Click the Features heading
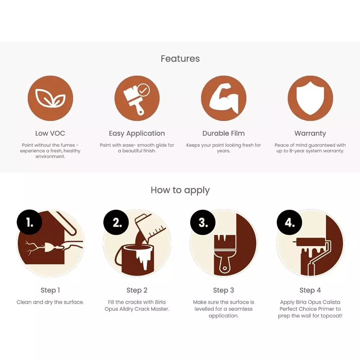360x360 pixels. pyautogui.click(x=180, y=59)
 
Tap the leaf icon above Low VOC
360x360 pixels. pyautogui.click(x=50, y=98)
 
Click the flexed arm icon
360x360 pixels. pyautogui.click(x=224, y=99)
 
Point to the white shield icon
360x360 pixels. pyautogui.click(x=310, y=98)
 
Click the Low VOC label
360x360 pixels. pyautogui.click(x=50, y=133)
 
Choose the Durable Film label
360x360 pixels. pyautogui.click(x=224, y=133)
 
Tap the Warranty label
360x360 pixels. pyautogui.click(x=310, y=134)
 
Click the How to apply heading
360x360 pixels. pyautogui.click(x=180, y=190)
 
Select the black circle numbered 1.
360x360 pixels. pyautogui.click(x=30, y=222)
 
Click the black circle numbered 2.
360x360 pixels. pyautogui.click(x=116, y=222)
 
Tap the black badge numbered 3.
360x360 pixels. pyautogui.click(x=203, y=222)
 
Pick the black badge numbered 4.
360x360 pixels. pyautogui.click(x=289, y=222)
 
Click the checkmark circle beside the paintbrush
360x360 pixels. pyautogui.click(x=144, y=90)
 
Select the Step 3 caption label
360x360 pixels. pyautogui.click(x=224, y=290)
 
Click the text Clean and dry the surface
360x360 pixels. pyautogui.click(x=50, y=302)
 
